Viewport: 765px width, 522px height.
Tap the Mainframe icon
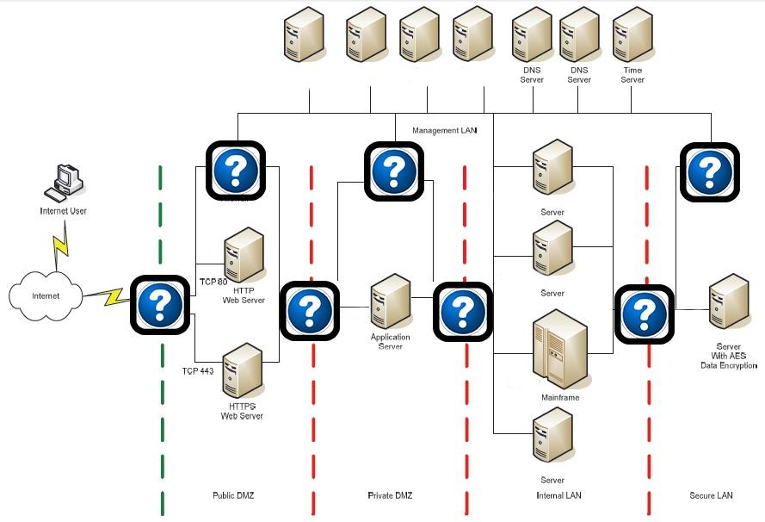(x=559, y=351)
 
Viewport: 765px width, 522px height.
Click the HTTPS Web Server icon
(x=242, y=370)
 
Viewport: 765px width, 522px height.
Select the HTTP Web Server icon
(x=244, y=255)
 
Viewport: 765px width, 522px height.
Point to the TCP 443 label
(x=197, y=371)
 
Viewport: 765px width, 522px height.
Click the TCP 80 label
(x=213, y=282)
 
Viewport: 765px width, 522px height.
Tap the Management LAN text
(x=444, y=131)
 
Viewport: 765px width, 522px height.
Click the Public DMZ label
(x=233, y=495)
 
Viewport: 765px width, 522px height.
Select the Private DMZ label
(x=390, y=495)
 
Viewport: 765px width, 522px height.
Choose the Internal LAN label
(x=558, y=495)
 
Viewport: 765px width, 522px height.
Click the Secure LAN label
(x=711, y=495)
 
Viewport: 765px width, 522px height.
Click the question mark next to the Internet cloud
(x=159, y=304)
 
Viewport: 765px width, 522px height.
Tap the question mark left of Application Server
(x=309, y=310)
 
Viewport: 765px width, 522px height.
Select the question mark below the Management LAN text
(x=394, y=171)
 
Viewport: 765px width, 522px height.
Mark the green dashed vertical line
(x=161, y=388)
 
